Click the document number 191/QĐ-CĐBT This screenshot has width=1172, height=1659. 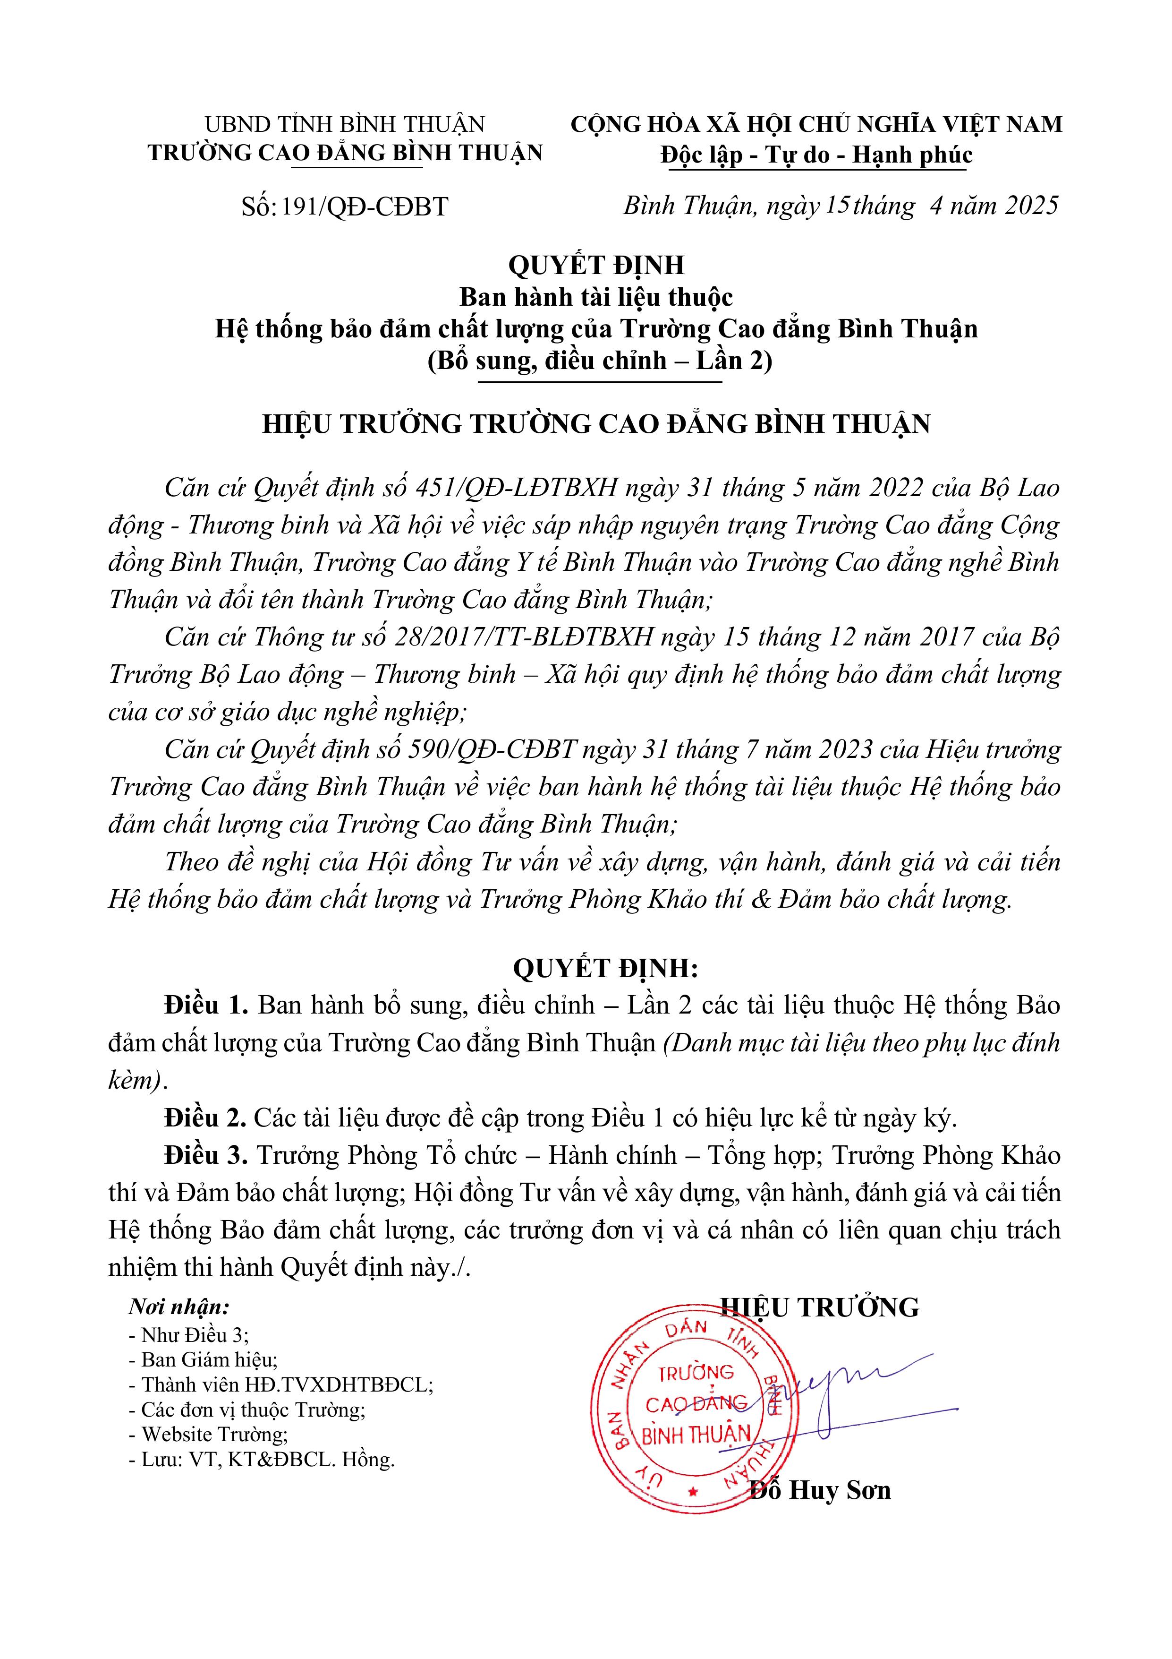tap(365, 207)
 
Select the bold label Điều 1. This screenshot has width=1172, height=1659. tap(206, 1005)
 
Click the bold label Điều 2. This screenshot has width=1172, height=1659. tap(206, 1118)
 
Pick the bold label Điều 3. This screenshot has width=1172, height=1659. tap(206, 1155)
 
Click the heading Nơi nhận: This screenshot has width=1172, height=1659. tap(178, 1307)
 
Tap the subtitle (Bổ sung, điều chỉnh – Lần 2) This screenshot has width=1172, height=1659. tap(599, 360)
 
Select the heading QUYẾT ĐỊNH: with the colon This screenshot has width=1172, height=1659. tap(605, 968)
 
